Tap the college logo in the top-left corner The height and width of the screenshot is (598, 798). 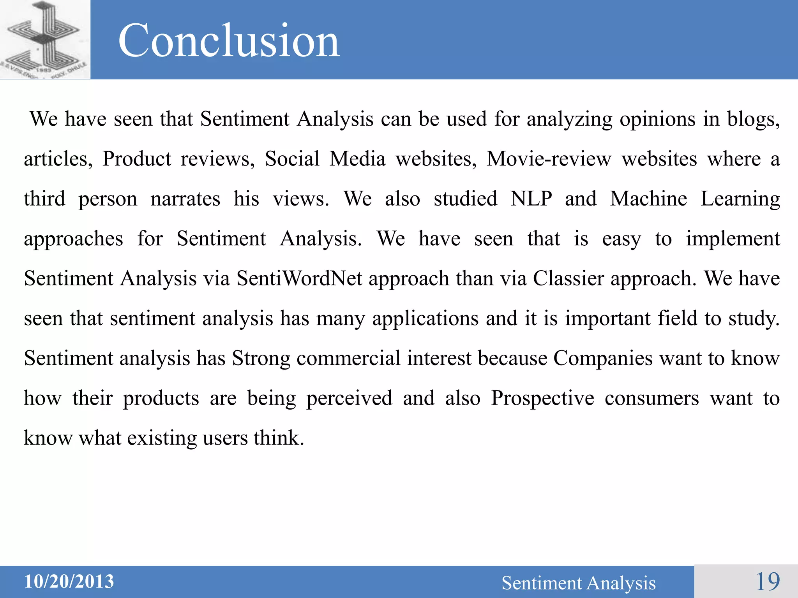click(x=45, y=40)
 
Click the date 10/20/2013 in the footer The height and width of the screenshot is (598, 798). click(x=69, y=581)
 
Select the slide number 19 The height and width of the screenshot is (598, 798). click(x=768, y=582)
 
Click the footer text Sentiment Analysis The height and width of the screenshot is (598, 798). click(x=578, y=583)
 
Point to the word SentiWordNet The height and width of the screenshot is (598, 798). click(x=299, y=278)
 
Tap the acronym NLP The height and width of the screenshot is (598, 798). click(x=531, y=199)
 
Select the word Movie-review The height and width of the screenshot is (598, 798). click(x=549, y=159)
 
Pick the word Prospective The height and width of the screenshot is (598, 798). click(x=542, y=398)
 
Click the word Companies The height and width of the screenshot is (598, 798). click(x=603, y=358)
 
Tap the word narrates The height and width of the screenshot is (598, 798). click(x=185, y=199)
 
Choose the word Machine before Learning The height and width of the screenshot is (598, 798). click(x=648, y=199)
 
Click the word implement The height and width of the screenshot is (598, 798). click(x=733, y=239)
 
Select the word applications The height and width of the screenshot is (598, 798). click(x=425, y=318)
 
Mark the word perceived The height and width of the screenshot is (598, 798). click(x=349, y=398)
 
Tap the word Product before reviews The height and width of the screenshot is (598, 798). click(x=136, y=159)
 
